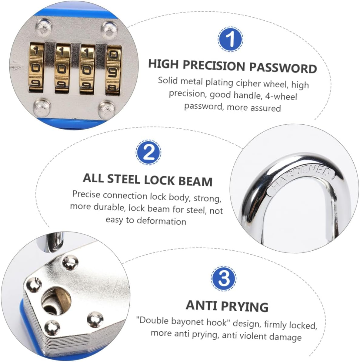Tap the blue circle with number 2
point(148,153)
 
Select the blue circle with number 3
point(224,278)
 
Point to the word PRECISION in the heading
point(214,66)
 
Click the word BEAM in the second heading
point(195,181)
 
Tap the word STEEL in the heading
point(124,179)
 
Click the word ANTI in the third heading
point(200,305)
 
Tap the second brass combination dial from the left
point(62,69)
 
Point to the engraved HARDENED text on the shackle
point(302,179)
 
